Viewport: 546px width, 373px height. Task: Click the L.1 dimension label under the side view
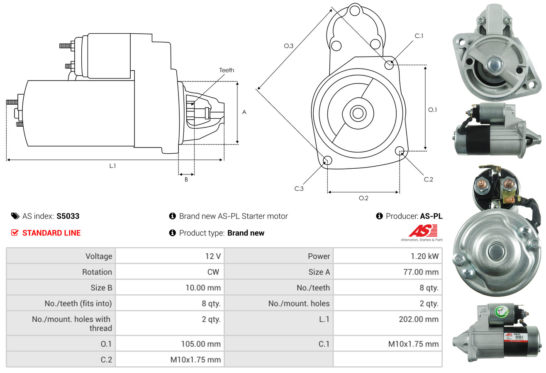(112, 166)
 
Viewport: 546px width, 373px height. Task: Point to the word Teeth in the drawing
(227, 70)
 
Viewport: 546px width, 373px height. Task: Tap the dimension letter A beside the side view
(244, 112)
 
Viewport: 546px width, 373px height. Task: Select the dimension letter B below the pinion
(186, 179)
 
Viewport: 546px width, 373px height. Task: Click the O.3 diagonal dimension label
(289, 46)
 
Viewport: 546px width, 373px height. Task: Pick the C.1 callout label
(419, 36)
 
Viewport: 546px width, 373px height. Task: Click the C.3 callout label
(299, 189)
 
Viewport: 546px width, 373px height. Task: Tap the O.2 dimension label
(363, 198)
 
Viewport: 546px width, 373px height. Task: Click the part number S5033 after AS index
(68, 216)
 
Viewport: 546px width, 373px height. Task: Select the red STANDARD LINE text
(51, 233)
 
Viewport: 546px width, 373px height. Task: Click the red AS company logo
(423, 231)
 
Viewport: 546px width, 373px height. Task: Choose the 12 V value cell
(212, 256)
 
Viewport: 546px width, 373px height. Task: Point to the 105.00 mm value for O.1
(200, 344)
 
